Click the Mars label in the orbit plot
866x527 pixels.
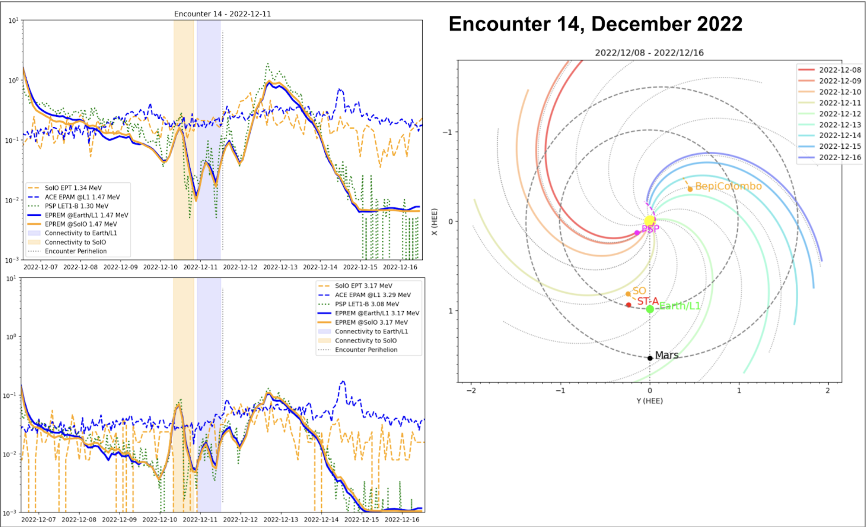(x=667, y=355)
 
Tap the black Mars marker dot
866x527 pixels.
(x=650, y=358)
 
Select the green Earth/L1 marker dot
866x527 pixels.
(x=650, y=309)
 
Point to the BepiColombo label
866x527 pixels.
(x=728, y=186)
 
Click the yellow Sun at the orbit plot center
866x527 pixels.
(x=649, y=220)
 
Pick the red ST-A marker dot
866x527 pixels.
(x=628, y=305)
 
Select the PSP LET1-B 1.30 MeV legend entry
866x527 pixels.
(x=76, y=206)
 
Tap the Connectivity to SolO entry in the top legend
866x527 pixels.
(x=75, y=242)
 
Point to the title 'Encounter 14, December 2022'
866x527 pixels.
(x=595, y=24)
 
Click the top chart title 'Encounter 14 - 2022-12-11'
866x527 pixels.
(x=223, y=14)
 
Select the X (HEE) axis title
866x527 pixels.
(x=434, y=221)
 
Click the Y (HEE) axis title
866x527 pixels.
(x=649, y=401)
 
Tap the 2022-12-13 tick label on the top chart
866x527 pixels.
(x=280, y=267)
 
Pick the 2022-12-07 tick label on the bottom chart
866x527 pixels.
(x=39, y=520)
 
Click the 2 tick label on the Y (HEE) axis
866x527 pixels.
(x=828, y=391)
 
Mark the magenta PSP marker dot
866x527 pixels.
(x=637, y=232)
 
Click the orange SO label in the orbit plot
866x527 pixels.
(x=639, y=291)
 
